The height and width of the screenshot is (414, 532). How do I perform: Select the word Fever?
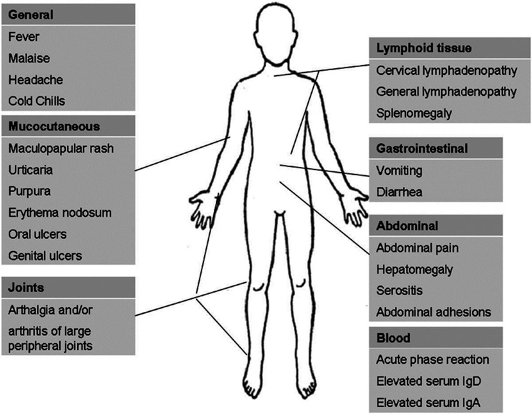point(24,37)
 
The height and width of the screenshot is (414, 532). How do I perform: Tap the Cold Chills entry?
point(37,101)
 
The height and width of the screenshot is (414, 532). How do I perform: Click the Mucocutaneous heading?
point(54,126)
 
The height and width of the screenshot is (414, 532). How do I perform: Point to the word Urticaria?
point(31,170)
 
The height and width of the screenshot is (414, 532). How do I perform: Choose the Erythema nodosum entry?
point(60,213)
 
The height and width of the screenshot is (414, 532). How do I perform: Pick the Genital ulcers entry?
point(46,255)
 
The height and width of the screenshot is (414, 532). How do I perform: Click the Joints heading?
point(26,288)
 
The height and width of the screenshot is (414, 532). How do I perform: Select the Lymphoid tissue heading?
point(424,48)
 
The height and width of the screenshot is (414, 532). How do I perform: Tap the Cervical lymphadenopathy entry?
point(446,70)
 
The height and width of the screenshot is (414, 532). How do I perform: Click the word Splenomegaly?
point(414,113)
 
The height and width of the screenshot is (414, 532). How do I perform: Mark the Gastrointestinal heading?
point(422,148)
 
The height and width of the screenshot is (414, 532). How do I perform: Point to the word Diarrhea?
point(399,191)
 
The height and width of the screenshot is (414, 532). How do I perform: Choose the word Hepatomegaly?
point(414,270)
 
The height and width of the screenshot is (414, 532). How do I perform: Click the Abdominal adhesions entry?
point(433,312)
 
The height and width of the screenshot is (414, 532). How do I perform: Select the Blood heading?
point(393,338)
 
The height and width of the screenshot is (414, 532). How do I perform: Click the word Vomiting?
point(399,170)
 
